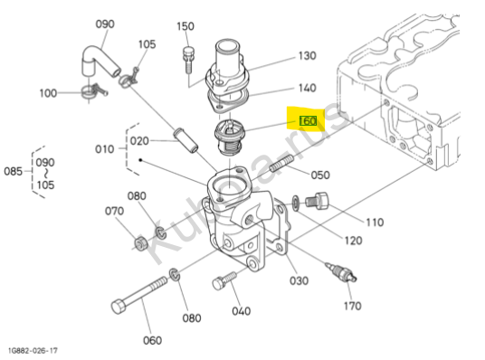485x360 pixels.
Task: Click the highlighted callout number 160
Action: pyautogui.click(x=308, y=120)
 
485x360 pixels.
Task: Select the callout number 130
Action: pyautogui.click(x=307, y=56)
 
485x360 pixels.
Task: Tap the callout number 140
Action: pyautogui.click(x=307, y=88)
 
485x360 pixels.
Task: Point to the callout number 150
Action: pyautogui.click(x=185, y=26)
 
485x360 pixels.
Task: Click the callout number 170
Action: pyautogui.click(x=353, y=306)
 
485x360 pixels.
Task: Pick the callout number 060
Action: pyautogui.click(x=153, y=340)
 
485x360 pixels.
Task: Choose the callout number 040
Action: pyautogui.click(x=242, y=311)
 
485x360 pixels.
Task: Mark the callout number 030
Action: pyautogui.click(x=299, y=280)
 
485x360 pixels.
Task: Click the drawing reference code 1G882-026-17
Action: pyautogui.click(x=33, y=350)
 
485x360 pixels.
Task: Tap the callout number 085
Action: pyautogui.click(x=13, y=171)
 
